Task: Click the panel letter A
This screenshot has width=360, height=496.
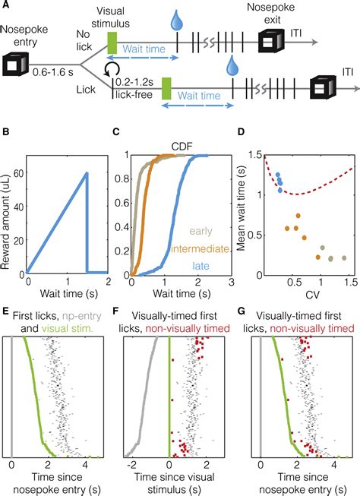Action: coord(7,6)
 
